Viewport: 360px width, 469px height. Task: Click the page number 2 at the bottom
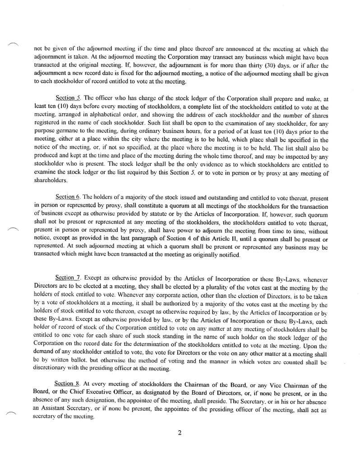(180, 433)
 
